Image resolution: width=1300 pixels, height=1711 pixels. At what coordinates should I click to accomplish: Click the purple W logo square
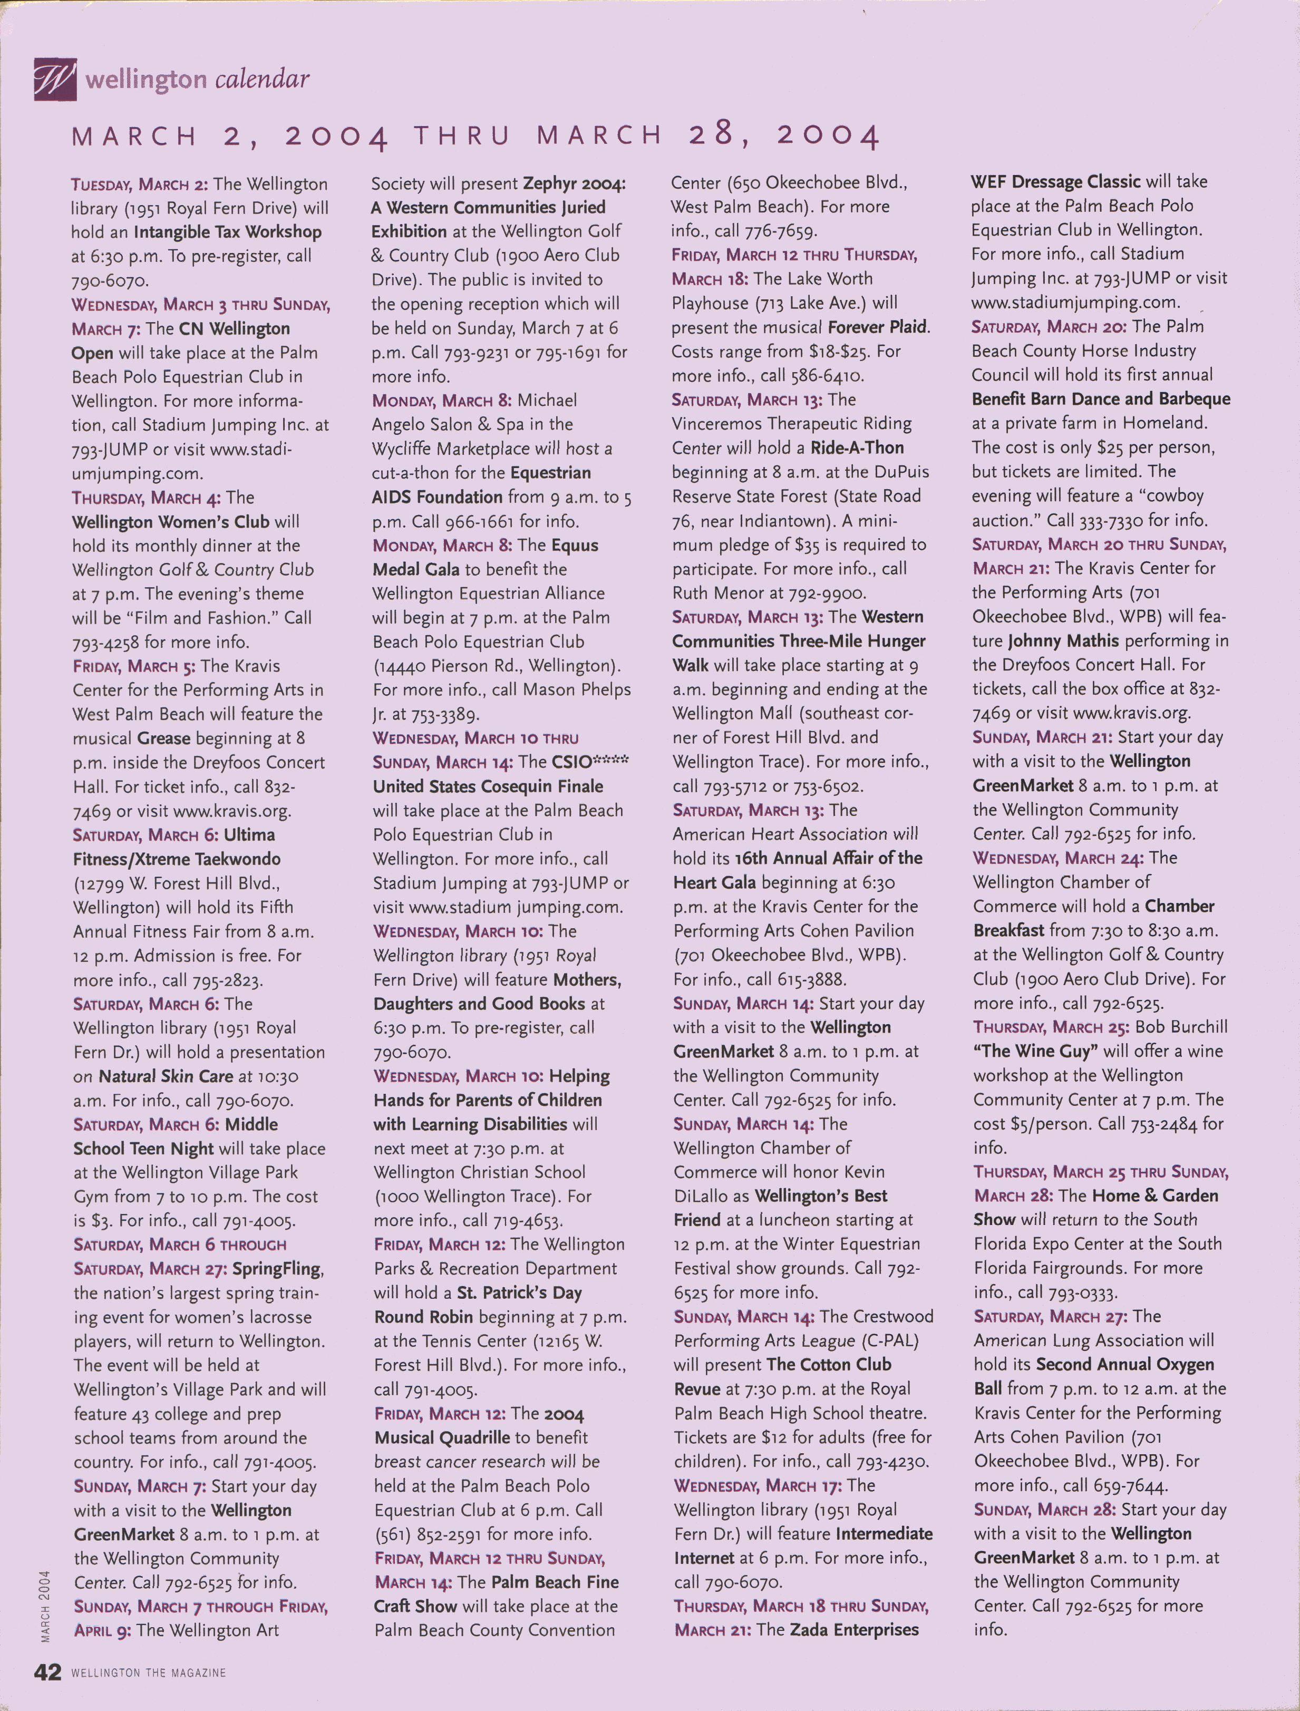55,79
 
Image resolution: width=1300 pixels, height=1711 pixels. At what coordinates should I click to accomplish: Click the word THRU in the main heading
462,136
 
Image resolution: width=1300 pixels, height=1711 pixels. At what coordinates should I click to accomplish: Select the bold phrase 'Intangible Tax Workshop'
228,231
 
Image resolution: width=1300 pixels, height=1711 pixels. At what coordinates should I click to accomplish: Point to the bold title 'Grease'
163,738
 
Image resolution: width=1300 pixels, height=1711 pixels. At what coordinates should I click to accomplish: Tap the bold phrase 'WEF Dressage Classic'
1055,182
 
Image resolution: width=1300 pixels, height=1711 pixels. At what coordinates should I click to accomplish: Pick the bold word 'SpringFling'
276,1269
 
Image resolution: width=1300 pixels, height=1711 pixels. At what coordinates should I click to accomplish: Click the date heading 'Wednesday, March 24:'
1059,858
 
